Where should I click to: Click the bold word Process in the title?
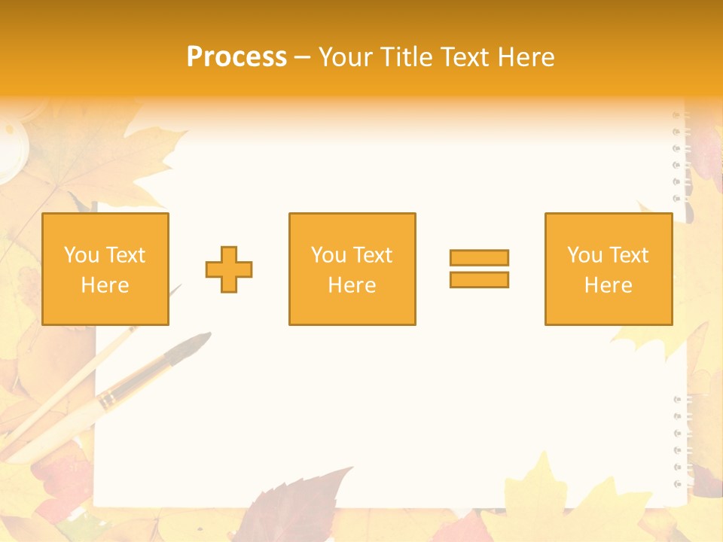(236, 56)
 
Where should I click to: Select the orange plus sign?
(229, 269)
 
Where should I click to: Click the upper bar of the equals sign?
(479, 257)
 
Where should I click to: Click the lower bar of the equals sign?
(479, 279)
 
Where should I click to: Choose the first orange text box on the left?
(105, 269)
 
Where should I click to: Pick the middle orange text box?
(352, 269)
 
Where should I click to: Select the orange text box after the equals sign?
(608, 269)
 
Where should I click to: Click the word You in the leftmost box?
(81, 255)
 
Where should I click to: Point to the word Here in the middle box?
(352, 285)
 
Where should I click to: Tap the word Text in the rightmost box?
(629, 255)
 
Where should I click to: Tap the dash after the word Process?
(302, 57)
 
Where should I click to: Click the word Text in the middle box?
(373, 255)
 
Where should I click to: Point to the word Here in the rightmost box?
(608, 285)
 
